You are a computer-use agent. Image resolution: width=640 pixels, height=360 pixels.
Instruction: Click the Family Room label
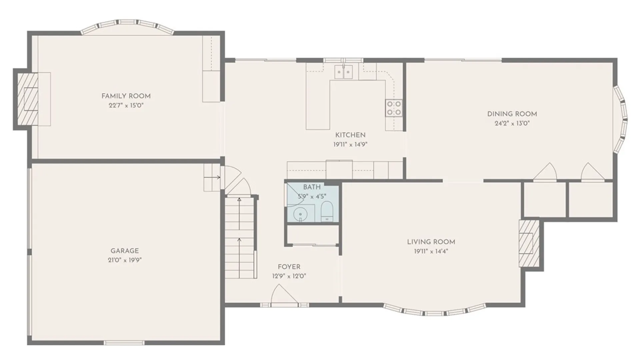[126, 96]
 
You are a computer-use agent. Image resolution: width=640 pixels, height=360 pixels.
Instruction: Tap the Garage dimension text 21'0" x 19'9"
[125, 260]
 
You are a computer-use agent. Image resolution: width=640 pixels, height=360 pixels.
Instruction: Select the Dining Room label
[512, 114]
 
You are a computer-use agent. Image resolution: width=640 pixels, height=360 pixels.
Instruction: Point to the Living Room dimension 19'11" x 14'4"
[431, 251]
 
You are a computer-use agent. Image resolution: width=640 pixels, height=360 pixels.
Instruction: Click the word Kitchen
[350, 135]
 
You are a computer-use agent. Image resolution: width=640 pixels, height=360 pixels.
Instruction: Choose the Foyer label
[289, 267]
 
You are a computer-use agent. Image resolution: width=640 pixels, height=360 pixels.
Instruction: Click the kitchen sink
[344, 72]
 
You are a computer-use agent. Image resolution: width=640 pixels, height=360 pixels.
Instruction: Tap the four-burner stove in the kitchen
[394, 108]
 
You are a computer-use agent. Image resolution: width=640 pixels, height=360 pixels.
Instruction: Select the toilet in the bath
[327, 211]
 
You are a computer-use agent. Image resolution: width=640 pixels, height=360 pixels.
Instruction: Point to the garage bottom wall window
[124, 342]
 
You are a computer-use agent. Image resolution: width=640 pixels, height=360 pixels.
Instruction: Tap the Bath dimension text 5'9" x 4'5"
[312, 196]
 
